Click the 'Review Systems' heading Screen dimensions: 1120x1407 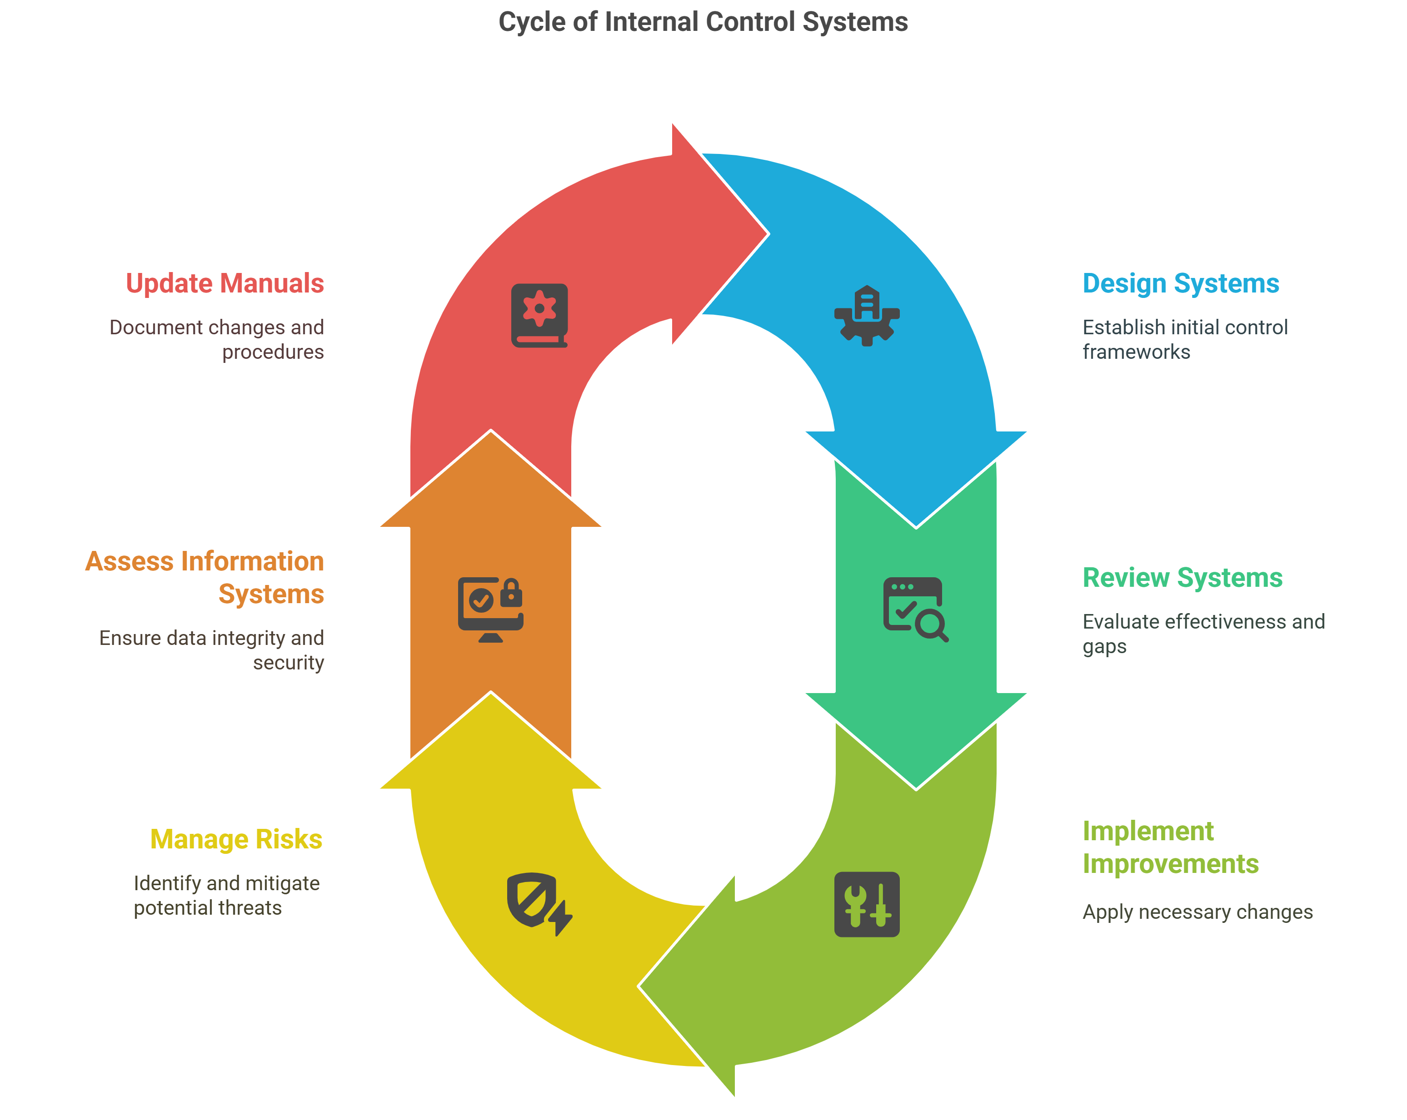pyautogui.click(x=1182, y=578)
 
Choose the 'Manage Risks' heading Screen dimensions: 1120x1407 pyautogui.click(x=236, y=839)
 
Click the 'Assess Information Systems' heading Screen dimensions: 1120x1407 pyautogui.click(x=205, y=577)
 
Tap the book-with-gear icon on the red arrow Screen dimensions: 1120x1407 pyautogui.click(x=539, y=316)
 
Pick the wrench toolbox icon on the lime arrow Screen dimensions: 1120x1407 pyautogui.click(x=867, y=904)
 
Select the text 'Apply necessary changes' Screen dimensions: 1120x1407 pyautogui.click(x=1197, y=912)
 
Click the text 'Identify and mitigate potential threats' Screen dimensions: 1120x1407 pyautogui.click(x=226, y=896)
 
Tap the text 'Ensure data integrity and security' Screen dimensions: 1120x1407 pyautogui.click(x=211, y=649)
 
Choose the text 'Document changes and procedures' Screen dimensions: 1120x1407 pyautogui.click(x=217, y=339)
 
